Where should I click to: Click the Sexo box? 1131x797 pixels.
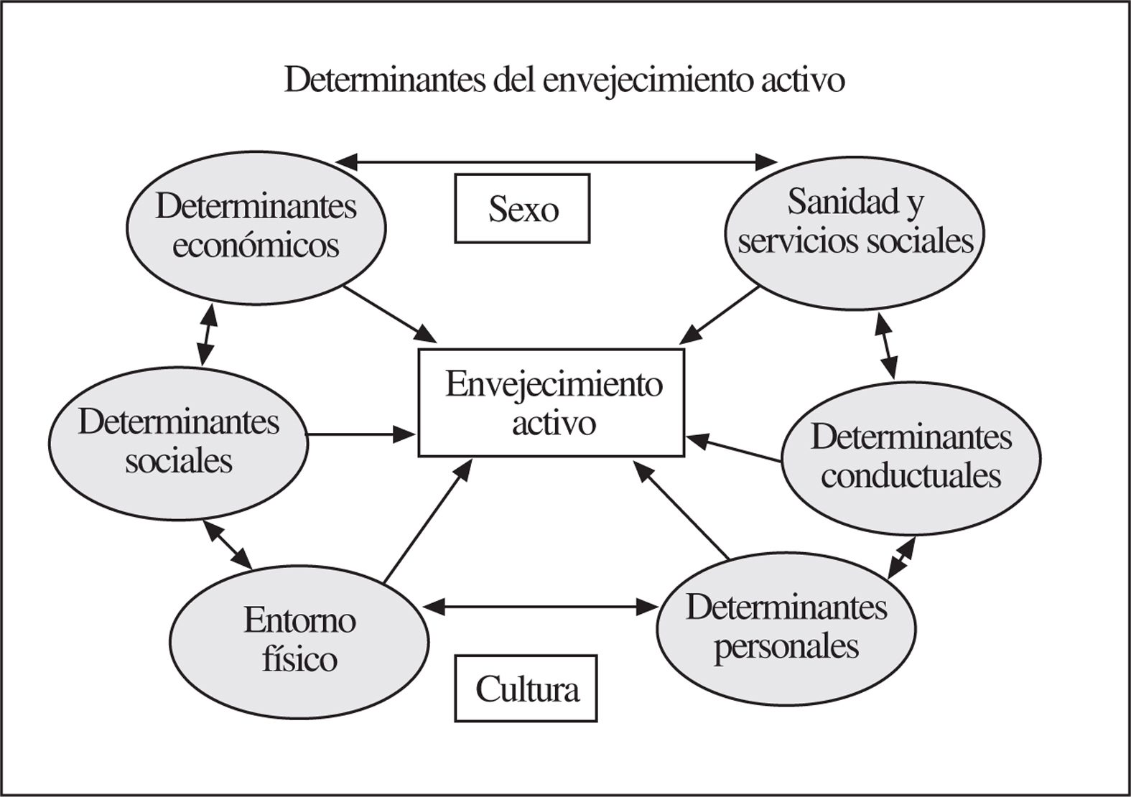(x=522, y=208)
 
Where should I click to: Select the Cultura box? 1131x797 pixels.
(x=526, y=688)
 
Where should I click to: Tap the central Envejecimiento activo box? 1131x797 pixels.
(x=551, y=403)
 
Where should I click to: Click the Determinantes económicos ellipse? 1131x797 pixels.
(x=256, y=226)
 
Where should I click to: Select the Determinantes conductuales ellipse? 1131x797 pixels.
(x=911, y=457)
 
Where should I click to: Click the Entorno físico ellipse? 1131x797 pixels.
(x=299, y=639)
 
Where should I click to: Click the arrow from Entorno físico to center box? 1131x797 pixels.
(x=428, y=521)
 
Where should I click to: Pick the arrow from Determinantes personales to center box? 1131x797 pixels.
(x=682, y=511)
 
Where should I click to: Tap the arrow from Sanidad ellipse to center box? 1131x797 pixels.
(x=720, y=314)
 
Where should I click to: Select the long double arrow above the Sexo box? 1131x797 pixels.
(x=557, y=162)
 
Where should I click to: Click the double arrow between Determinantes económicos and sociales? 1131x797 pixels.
(x=207, y=334)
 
